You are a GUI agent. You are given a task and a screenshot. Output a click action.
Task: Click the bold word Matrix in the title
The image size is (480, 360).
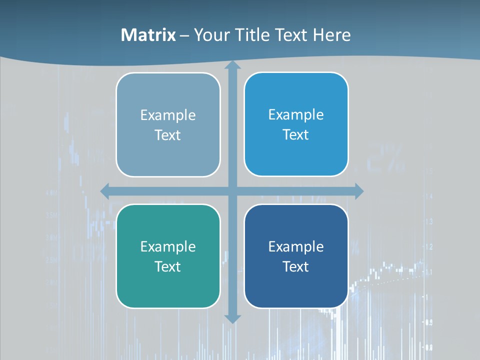click(x=148, y=35)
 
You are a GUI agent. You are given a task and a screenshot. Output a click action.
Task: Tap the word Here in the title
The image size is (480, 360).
click(x=331, y=35)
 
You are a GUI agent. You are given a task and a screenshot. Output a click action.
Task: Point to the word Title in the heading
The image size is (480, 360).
click(x=248, y=35)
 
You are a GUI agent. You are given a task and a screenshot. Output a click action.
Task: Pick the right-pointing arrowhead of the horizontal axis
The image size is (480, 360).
click(x=358, y=191)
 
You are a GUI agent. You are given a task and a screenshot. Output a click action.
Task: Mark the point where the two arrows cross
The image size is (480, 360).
click(x=232, y=191)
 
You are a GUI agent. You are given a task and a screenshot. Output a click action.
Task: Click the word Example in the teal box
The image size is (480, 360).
click(x=167, y=246)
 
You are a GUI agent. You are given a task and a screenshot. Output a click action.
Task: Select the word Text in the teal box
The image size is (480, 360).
click(x=167, y=266)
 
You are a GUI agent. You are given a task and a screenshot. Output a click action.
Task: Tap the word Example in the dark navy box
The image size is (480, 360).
click(x=296, y=246)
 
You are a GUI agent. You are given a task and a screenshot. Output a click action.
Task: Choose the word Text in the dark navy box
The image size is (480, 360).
click(x=296, y=266)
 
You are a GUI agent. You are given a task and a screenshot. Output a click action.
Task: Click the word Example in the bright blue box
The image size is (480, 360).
click(x=296, y=114)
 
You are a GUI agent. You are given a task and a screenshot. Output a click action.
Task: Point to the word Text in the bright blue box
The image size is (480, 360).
click(x=296, y=134)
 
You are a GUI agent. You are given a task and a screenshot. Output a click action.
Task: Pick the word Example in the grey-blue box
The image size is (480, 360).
click(x=167, y=115)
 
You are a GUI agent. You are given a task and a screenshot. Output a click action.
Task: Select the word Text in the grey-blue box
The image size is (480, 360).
click(x=167, y=135)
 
